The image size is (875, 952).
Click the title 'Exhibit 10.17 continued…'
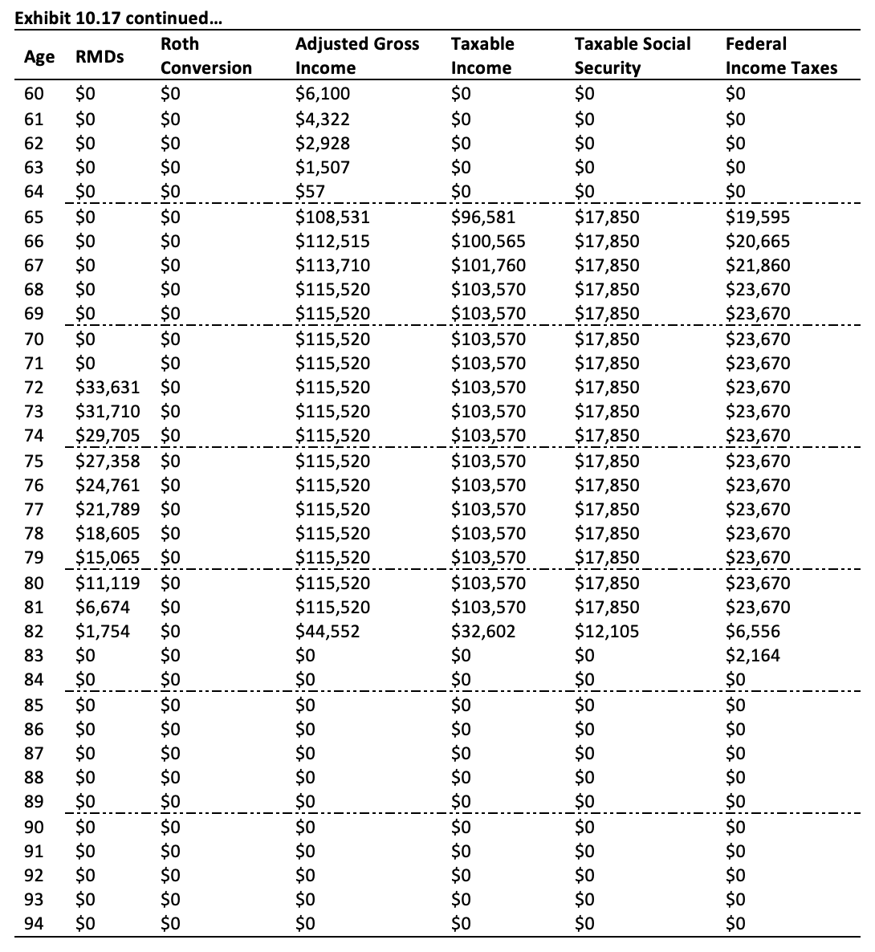[x=119, y=14]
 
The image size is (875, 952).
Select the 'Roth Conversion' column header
[x=206, y=56]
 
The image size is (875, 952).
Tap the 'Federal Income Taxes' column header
[x=781, y=56]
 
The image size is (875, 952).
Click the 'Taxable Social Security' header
[x=633, y=56]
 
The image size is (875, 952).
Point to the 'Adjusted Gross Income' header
[x=357, y=56]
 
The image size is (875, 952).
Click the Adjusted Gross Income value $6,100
[x=323, y=94]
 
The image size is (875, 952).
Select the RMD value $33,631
[x=107, y=387]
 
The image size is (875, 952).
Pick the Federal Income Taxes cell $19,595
[x=757, y=217]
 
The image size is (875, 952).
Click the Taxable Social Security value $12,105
[x=607, y=632]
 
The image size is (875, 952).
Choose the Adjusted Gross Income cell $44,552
[x=328, y=632]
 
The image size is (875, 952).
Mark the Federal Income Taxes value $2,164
[x=752, y=656]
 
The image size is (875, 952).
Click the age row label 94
[x=35, y=923]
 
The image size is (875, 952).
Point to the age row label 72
[x=35, y=387]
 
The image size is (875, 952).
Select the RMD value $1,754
[x=102, y=632]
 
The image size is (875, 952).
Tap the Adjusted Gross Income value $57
[x=310, y=192]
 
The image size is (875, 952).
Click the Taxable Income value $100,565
[x=488, y=241]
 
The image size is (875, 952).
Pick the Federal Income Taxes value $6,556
[x=752, y=632]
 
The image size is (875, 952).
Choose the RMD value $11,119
[x=107, y=583]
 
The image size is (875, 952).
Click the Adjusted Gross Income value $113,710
[x=332, y=265]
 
